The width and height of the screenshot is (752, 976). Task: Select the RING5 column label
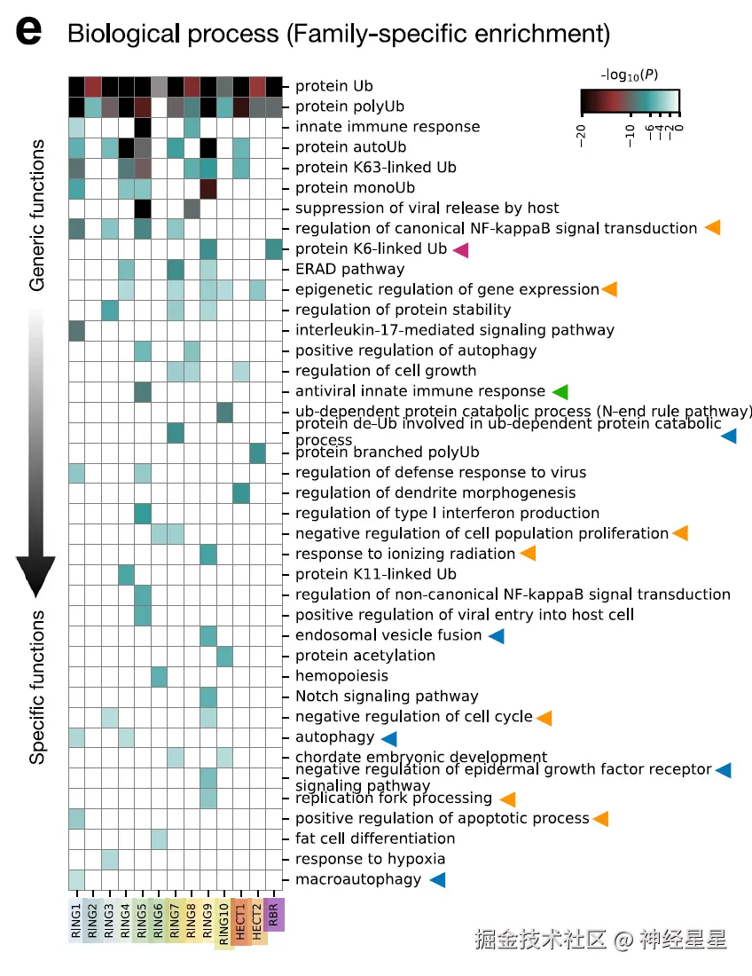point(142,923)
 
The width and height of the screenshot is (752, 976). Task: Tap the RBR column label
point(274,914)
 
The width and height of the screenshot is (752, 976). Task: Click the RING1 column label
point(77,923)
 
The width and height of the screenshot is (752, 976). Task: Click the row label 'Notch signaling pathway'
point(387,697)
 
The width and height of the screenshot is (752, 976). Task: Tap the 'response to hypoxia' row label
point(370,859)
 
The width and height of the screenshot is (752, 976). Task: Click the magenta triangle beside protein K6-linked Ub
point(460,249)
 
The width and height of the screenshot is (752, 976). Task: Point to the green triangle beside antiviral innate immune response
point(559,391)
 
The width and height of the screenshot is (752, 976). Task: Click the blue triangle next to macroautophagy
point(436,879)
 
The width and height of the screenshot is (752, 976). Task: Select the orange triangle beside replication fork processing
point(508,799)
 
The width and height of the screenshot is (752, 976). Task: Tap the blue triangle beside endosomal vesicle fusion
point(496,635)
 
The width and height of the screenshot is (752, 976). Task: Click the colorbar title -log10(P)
point(630,75)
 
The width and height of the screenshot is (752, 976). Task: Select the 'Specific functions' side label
point(37,688)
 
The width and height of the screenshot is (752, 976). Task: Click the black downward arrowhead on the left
point(35,577)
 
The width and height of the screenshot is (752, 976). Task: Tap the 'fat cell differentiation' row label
point(375,838)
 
